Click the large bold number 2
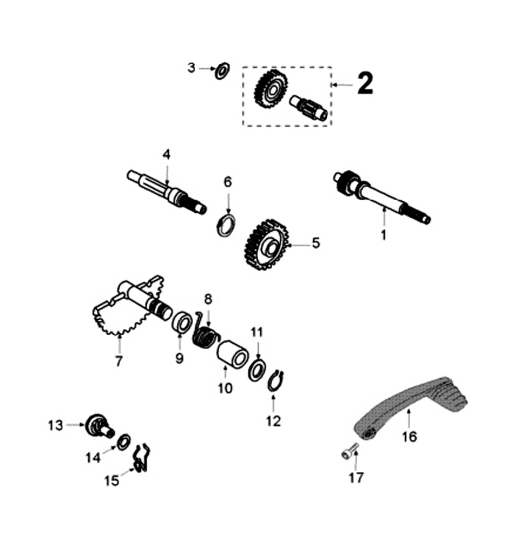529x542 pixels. [x=365, y=83]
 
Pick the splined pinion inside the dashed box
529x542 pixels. [x=309, y=107]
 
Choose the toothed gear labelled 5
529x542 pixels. [x=267, y=244]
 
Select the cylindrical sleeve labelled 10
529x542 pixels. [x=233, y=353]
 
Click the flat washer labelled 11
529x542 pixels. [x=257, y=370]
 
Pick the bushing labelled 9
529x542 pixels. [x=182, y=322]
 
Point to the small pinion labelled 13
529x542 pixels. [x=100, y=425]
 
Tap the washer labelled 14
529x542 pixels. [x=123, y=442]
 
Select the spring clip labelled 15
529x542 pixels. [x=142, y=458]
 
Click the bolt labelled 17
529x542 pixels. [x=350, y=452]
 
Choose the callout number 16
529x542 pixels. [x=409, y=436]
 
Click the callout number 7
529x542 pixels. [x=119, y=361]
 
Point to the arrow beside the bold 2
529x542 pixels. [x=342, y=84]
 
